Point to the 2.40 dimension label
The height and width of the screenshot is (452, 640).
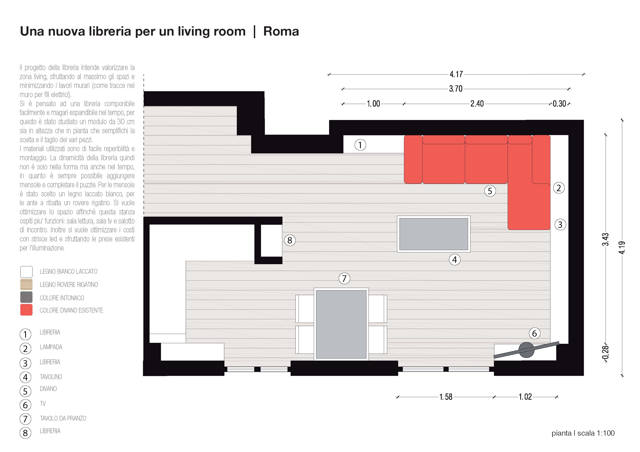coord(477,104)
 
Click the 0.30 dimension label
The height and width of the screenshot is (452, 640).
coord(559,104)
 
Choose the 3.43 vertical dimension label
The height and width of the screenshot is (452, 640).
coord(605,239)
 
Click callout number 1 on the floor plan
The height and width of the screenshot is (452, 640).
coord(360,145)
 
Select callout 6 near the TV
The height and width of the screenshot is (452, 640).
coord(534,333)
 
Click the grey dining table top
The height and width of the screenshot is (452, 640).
coord(341,324)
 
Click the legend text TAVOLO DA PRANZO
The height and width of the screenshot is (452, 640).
coord(63,418)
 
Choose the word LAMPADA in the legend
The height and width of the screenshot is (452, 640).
coord(51,347)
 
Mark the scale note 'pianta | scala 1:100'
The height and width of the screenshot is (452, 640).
coord(583,433)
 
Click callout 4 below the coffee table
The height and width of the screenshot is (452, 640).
coord(455,260)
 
